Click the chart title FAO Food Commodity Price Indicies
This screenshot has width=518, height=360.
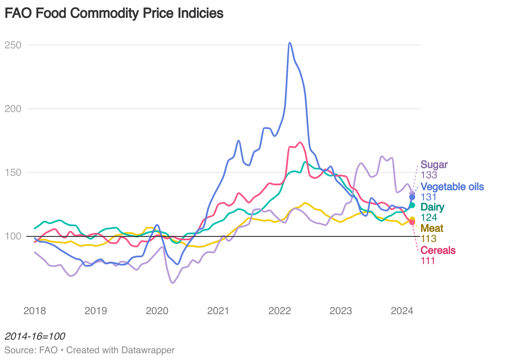[114, 13]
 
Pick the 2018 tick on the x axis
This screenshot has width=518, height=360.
[35, 311]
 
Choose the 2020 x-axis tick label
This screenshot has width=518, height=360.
[157, 311]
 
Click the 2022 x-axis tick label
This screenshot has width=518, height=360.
[279, 311]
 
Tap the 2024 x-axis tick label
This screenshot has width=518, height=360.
[402, 311]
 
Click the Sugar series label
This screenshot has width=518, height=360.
[434, 165]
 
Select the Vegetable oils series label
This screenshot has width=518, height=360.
[452, 187]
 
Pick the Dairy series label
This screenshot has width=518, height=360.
[432, 208]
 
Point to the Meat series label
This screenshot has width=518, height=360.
[432, 229]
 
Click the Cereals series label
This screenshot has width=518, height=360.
[438, 250]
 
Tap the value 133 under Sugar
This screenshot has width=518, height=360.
[429, 175]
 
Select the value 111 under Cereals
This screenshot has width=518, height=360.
[428, 261]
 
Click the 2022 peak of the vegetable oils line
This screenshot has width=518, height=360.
[290, 43]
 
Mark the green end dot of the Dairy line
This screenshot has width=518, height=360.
[412, 205]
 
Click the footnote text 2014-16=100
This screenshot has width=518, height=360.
[35, 337]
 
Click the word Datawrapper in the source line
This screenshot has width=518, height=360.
[148, 350]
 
